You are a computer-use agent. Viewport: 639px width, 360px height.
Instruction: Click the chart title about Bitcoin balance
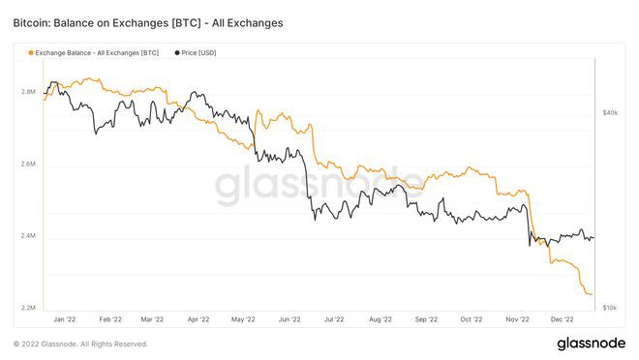[148, 22]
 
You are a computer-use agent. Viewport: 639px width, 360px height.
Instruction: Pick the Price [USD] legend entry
[202, 52]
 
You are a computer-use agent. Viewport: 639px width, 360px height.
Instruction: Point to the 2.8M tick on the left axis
[29, 92]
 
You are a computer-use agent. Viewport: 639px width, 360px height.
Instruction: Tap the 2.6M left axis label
[29, 165]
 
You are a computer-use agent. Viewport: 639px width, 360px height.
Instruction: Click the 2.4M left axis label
[29, 236]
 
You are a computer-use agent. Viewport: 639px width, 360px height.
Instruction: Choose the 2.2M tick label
[29, 308]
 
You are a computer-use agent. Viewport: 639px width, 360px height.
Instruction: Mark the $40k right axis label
[610, 113]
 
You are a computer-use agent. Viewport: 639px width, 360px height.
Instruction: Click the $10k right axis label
[610, 308]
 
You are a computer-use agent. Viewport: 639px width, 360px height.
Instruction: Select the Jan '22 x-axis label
[65, 318]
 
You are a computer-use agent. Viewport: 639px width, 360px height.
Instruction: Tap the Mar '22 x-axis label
[153, 318]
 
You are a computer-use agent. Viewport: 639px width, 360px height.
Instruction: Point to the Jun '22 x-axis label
[289, 318]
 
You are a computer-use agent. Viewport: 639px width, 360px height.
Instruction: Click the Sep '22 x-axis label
[426, 318]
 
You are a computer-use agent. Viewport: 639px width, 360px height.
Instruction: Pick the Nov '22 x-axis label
[518, 318]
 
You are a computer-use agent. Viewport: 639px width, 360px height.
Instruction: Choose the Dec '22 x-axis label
[563, 318]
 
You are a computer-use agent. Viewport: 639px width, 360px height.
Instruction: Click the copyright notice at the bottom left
[80, 344]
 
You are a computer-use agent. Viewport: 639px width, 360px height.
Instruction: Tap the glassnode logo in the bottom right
[591, 343]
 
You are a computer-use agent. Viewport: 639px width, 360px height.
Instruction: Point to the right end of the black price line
[593, 238]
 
